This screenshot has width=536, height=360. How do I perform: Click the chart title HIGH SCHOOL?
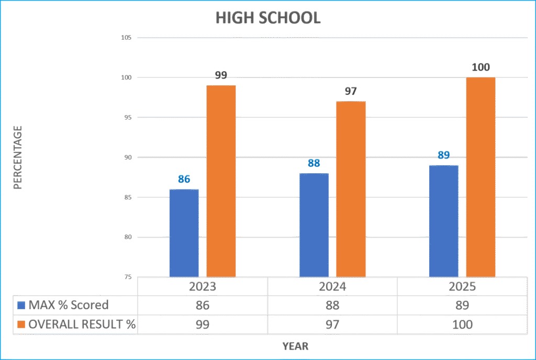pos(267,18)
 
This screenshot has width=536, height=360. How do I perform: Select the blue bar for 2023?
pos(184,233)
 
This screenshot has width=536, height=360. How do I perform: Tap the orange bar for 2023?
pos(221,181)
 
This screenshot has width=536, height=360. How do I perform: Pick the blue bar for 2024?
pos(314,225)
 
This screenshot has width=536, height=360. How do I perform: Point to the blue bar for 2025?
pos(443,221)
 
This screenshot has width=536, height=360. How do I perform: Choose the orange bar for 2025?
pos(481,177)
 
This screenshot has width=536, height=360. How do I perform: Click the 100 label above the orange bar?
pos(481,67)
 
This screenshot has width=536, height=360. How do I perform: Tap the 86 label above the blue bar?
pos(184,179)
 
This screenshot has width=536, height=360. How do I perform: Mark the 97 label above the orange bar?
pos(351,92)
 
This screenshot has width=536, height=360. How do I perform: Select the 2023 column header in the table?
pos(202,287)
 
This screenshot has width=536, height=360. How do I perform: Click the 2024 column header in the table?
pos(332,287)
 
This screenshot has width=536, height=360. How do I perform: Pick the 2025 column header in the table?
pos(462,287)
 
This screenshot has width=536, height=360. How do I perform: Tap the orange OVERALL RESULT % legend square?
pos(21,324)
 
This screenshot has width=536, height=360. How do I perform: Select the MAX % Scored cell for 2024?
pos(332,306)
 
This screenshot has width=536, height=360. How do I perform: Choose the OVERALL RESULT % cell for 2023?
pos(202,324)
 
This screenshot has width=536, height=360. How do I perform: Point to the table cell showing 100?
pos(462,324)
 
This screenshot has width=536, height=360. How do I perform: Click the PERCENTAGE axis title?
pos(17,157)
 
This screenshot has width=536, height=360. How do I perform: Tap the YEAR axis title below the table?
pos(295,346)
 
